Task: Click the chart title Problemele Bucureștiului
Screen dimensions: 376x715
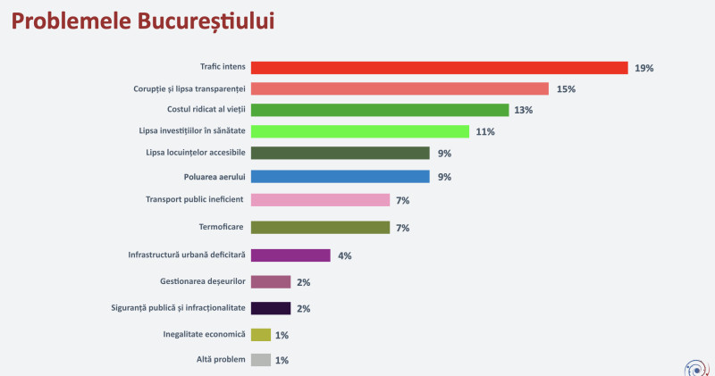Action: click(x=143, y=21)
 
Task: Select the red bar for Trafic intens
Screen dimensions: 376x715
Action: click(x=439, y=68)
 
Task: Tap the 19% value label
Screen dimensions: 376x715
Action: click(x=644, y=68)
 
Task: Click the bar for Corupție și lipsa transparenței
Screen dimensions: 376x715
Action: click(x=400, y=88)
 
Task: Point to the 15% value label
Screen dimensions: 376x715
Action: click(x=565, y=89)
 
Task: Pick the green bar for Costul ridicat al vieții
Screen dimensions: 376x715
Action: click(x=380, y=110)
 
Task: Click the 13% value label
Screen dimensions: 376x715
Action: click(x=525, y=111)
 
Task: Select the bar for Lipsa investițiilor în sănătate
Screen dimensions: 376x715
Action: click(x=360, y=131)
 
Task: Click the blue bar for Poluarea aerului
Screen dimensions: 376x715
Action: click(x=341, y=176)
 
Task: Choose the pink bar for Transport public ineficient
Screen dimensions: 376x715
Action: click(x=320, y=199)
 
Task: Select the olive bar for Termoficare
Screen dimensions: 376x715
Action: click(x=320, y=227)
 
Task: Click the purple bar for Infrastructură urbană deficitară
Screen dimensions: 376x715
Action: click(x=290, y=255)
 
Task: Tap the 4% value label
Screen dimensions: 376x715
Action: click(x=345, y=255)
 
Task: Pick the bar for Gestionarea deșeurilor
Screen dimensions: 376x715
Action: click(x=271, y=282)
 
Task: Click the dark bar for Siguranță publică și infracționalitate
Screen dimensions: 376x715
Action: click(x=271, y=308)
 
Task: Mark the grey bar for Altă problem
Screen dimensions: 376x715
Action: click(x=261, y=360)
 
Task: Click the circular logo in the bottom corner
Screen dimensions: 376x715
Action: click(x=695, y=366)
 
